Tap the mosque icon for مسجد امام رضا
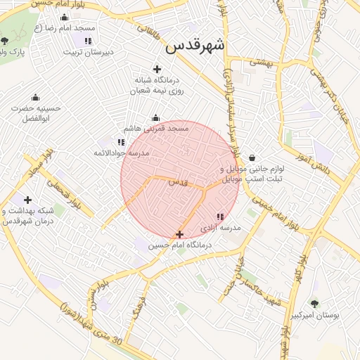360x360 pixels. click(x=65, y=18)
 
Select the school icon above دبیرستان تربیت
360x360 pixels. click(x=88, y=41)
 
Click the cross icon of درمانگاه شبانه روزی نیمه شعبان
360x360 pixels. click(x=157, y=69)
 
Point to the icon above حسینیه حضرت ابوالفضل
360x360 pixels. click(x=35, y=97)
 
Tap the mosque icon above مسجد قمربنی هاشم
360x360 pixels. click(x=155, y=117)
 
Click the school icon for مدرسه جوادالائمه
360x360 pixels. click(x=121, y=142)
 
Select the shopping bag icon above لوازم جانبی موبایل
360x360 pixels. click(x=252, y=158)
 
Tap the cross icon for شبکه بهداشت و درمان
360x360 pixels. click(x=27, y=200)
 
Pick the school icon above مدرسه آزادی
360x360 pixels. click(x=220, y=217)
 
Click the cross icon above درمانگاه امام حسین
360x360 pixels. click(x=179, y=234)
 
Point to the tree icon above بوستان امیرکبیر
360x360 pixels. click(x=314, y=304)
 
